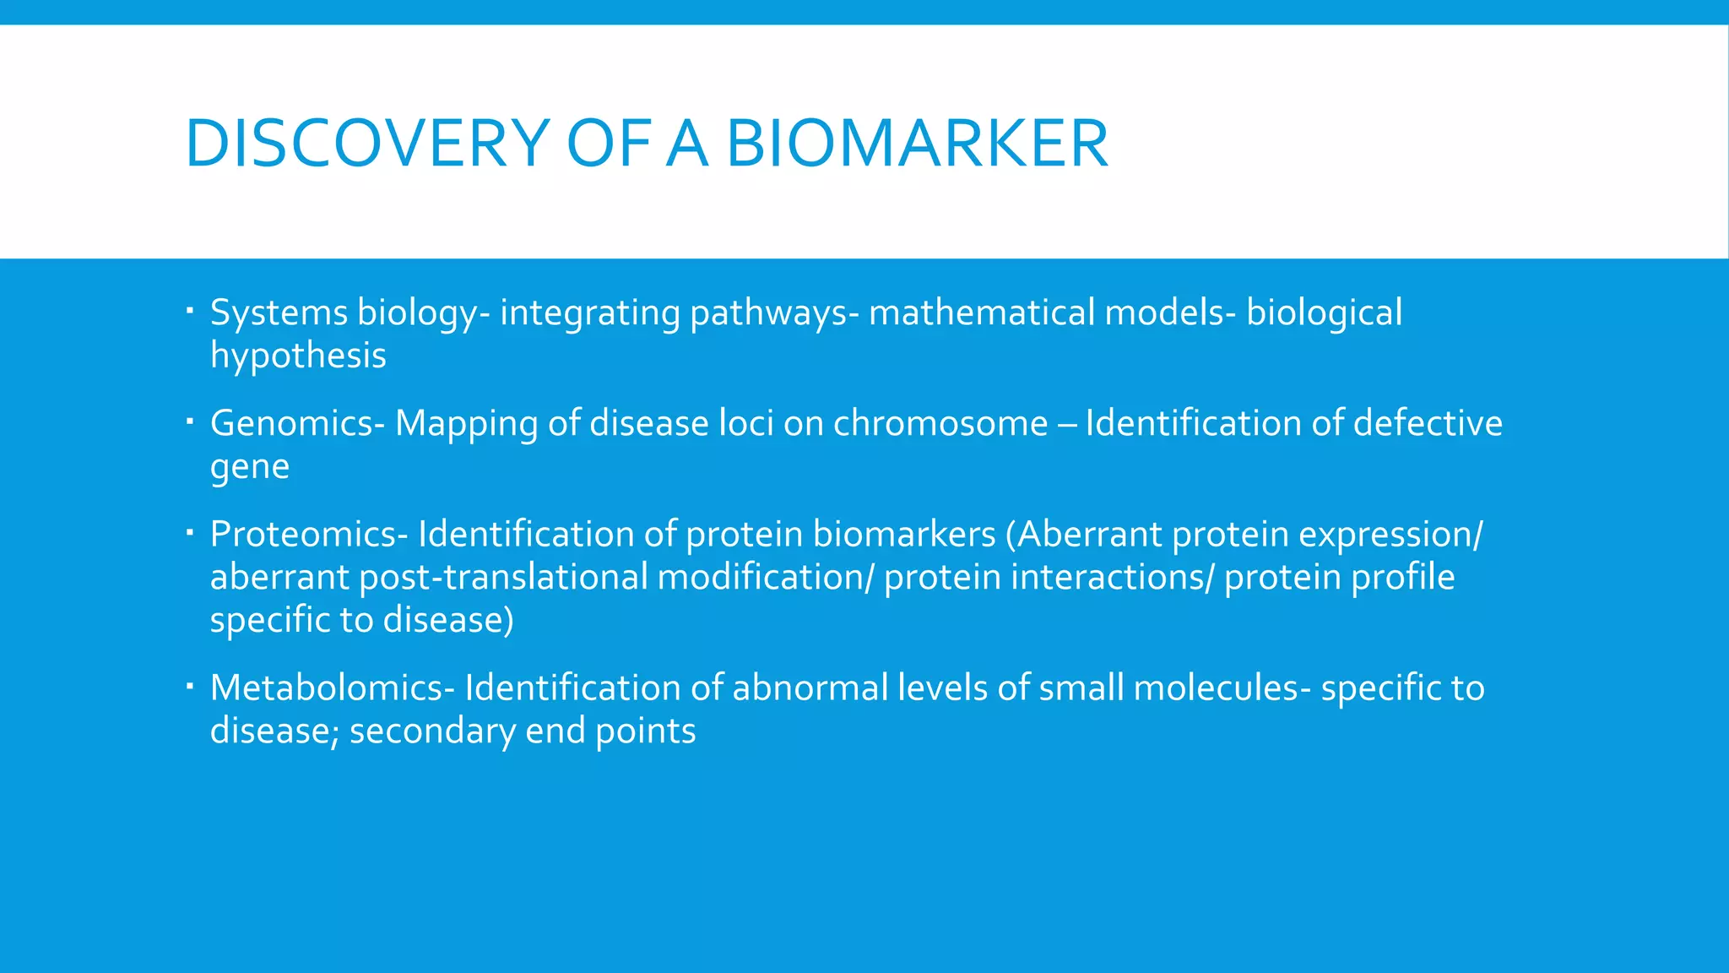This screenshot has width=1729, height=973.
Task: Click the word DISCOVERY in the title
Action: click(368, 144)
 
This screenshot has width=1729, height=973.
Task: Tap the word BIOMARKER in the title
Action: click(917, 144)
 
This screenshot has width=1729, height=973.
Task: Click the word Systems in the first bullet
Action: click(279, 313)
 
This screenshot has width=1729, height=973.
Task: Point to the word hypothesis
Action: click(298, 356)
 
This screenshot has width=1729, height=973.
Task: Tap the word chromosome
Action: click(940, 423)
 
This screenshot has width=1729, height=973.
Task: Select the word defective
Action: click(1428, 423)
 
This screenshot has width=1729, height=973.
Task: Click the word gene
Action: click(250, 467)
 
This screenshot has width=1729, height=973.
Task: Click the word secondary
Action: click(432, 731)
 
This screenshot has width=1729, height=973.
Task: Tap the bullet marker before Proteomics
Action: click(190, 531)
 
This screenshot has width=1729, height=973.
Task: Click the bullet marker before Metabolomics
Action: click(190, 685)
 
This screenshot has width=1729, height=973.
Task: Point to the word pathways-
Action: click(774, 313)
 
